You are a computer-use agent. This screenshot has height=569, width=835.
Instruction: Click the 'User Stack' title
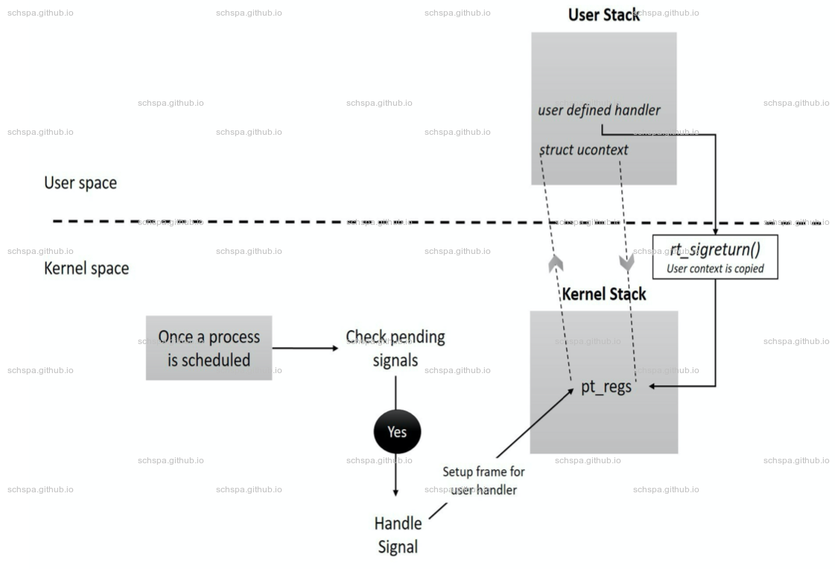(603, 15)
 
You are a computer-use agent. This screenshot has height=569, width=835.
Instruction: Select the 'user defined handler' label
(599, 110)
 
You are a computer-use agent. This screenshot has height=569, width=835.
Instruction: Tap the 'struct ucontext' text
(583, 150)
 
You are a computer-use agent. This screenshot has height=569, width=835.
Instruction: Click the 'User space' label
(80, 183)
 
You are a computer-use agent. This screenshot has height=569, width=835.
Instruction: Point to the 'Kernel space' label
(86, 269)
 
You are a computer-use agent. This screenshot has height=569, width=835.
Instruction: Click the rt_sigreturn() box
(715, 257)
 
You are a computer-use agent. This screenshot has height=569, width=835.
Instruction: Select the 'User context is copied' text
(715, 269)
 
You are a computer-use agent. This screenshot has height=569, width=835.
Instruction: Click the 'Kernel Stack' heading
(603, 294)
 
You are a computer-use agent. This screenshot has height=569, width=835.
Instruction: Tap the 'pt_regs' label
(606, 387)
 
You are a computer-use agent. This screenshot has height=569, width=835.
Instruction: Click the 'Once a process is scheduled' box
(209, 348)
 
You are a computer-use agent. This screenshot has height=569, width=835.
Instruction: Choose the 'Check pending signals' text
(396, 349)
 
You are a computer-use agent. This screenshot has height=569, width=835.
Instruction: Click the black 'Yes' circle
(397, 432)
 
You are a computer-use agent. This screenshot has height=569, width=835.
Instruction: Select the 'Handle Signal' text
(398, 535)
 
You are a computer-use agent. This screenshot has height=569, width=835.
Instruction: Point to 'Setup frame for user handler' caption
(483, 480)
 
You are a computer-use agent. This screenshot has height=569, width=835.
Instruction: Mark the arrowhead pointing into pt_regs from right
(653, 386)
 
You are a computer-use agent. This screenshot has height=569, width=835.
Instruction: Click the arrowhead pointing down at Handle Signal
(396, 492)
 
